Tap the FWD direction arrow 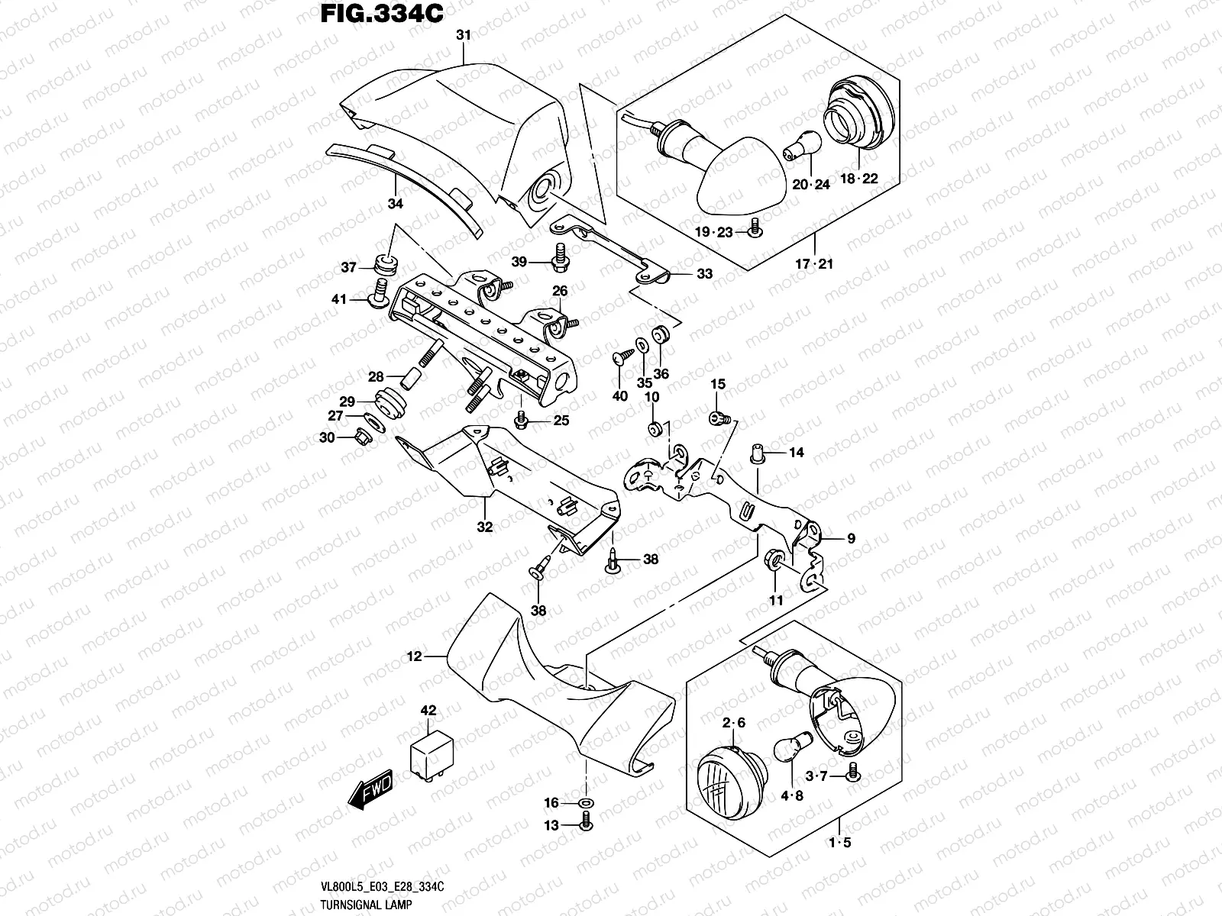coord(370,789)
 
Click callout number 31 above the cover coord(463,35)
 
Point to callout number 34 coord(395,203)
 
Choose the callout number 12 coord(414,656)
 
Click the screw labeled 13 coord(586,824)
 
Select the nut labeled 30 coord(364,437)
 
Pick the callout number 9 coord(851,539)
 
